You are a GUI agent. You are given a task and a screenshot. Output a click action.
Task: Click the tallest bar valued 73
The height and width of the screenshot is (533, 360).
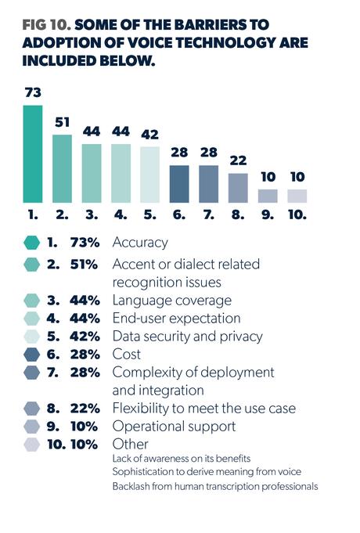point(32,154)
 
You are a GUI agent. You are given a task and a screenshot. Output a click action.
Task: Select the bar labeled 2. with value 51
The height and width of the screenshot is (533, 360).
point(62,169)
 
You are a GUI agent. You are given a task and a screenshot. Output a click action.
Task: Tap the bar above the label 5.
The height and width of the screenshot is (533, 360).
point(149,175)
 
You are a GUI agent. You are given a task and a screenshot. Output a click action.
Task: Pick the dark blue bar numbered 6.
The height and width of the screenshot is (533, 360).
point(179,184)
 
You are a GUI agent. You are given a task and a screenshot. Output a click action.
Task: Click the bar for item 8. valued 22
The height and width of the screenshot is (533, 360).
point(238,188)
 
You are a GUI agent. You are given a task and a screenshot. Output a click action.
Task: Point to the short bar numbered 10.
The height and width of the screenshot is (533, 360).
point(297,196)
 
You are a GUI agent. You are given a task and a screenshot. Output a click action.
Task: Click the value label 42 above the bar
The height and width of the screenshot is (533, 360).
point(149,135)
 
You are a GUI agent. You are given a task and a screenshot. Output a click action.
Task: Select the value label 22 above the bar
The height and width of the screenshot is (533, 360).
point(238,160)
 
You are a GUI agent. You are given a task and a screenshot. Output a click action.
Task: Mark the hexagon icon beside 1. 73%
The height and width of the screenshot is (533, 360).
point(32,243)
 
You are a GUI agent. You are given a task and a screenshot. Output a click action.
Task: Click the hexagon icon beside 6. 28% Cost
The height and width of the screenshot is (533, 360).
point(32,354)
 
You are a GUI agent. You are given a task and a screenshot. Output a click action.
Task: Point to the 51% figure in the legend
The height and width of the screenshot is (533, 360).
point(82,264)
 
